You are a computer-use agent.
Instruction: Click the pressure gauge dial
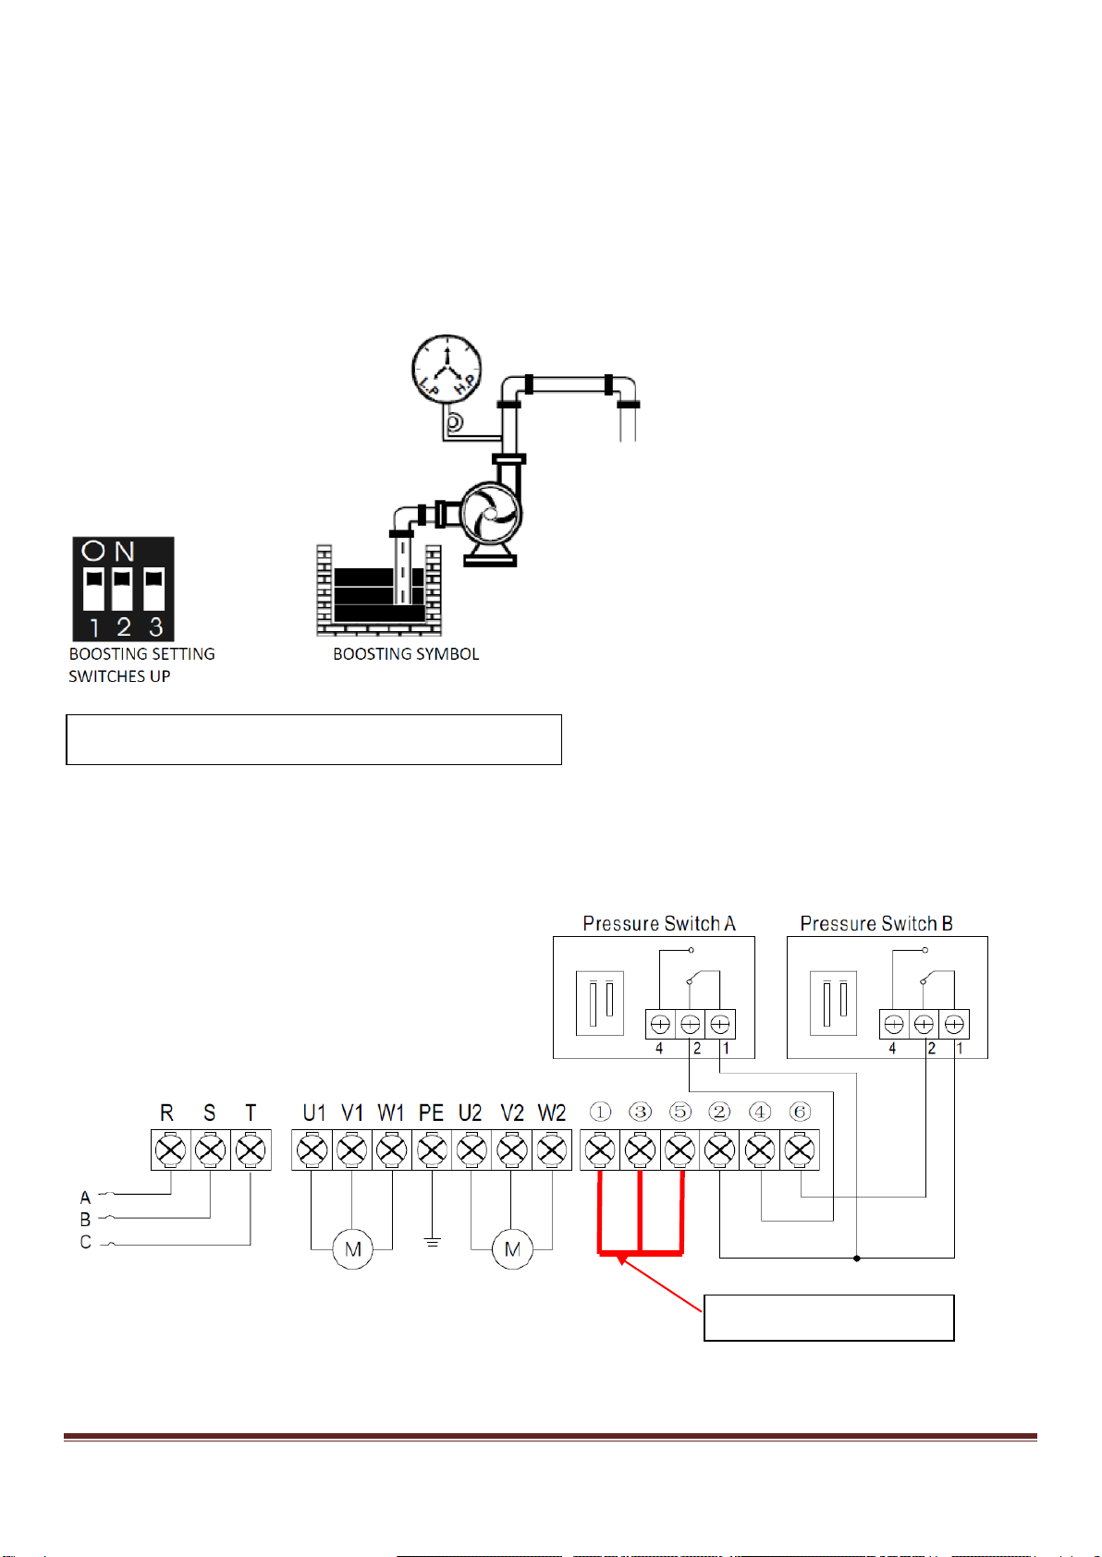click(447, 369)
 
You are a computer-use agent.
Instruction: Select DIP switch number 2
click(122, 590)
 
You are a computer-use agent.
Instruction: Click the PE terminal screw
click(432, 1150)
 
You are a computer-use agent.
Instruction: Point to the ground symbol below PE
click(432, 1241)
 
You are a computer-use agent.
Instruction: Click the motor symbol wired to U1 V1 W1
click(352, 1249)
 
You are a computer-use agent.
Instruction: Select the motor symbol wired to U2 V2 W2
click(512, 1249)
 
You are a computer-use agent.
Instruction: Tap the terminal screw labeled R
click(170, 1150)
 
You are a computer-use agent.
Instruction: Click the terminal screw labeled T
click(251, 1150)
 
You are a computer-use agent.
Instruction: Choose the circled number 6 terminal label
click(800, 1112)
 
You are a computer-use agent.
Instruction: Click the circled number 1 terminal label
click(600, 1112)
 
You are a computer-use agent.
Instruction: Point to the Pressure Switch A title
click(659, 923)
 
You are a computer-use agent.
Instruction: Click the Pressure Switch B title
click(876, 923)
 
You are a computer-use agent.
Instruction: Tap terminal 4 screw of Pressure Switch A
click(660, 1024)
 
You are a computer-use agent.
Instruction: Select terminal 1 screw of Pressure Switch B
click(954, 1024)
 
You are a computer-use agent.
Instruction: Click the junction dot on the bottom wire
click(857, 1259)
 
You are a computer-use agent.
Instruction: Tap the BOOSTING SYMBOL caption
click(406, 654)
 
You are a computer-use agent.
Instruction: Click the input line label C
click(86, 1242)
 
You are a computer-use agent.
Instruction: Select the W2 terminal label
click(552, 1113)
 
